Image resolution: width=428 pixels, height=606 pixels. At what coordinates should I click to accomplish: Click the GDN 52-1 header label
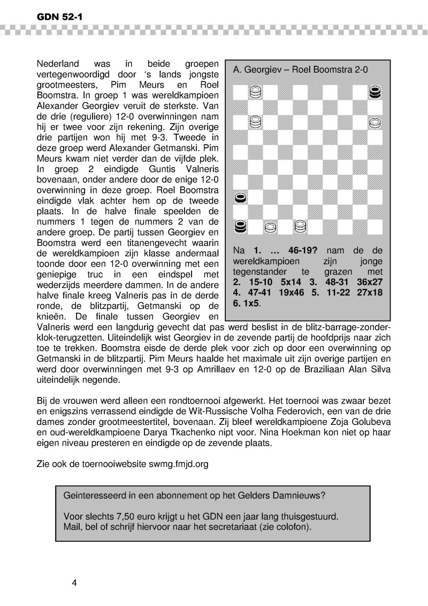point(58,17)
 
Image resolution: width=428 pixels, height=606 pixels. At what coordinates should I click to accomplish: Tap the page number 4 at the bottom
point(74,582)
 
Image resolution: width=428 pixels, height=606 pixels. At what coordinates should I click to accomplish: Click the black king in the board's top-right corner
point(376,92)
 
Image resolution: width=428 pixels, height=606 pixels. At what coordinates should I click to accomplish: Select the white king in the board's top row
point(256,92)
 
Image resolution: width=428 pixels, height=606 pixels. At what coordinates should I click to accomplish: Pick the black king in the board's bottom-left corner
point(241,227)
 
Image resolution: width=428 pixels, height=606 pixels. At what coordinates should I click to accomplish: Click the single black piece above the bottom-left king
point(241,198)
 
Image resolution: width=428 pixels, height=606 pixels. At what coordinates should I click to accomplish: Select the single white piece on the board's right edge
point(376,122)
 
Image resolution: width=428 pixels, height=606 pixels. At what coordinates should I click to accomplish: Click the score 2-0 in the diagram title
point(360,69)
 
